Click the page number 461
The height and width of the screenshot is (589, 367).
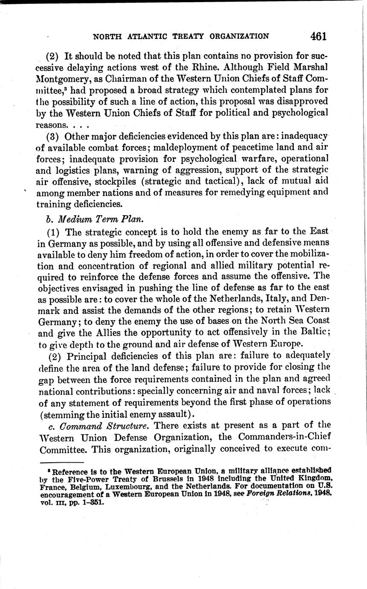(x=318, y=36)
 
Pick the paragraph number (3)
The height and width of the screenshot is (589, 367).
(x=54, y=136)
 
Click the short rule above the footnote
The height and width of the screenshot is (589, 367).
(x=61, y=462)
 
